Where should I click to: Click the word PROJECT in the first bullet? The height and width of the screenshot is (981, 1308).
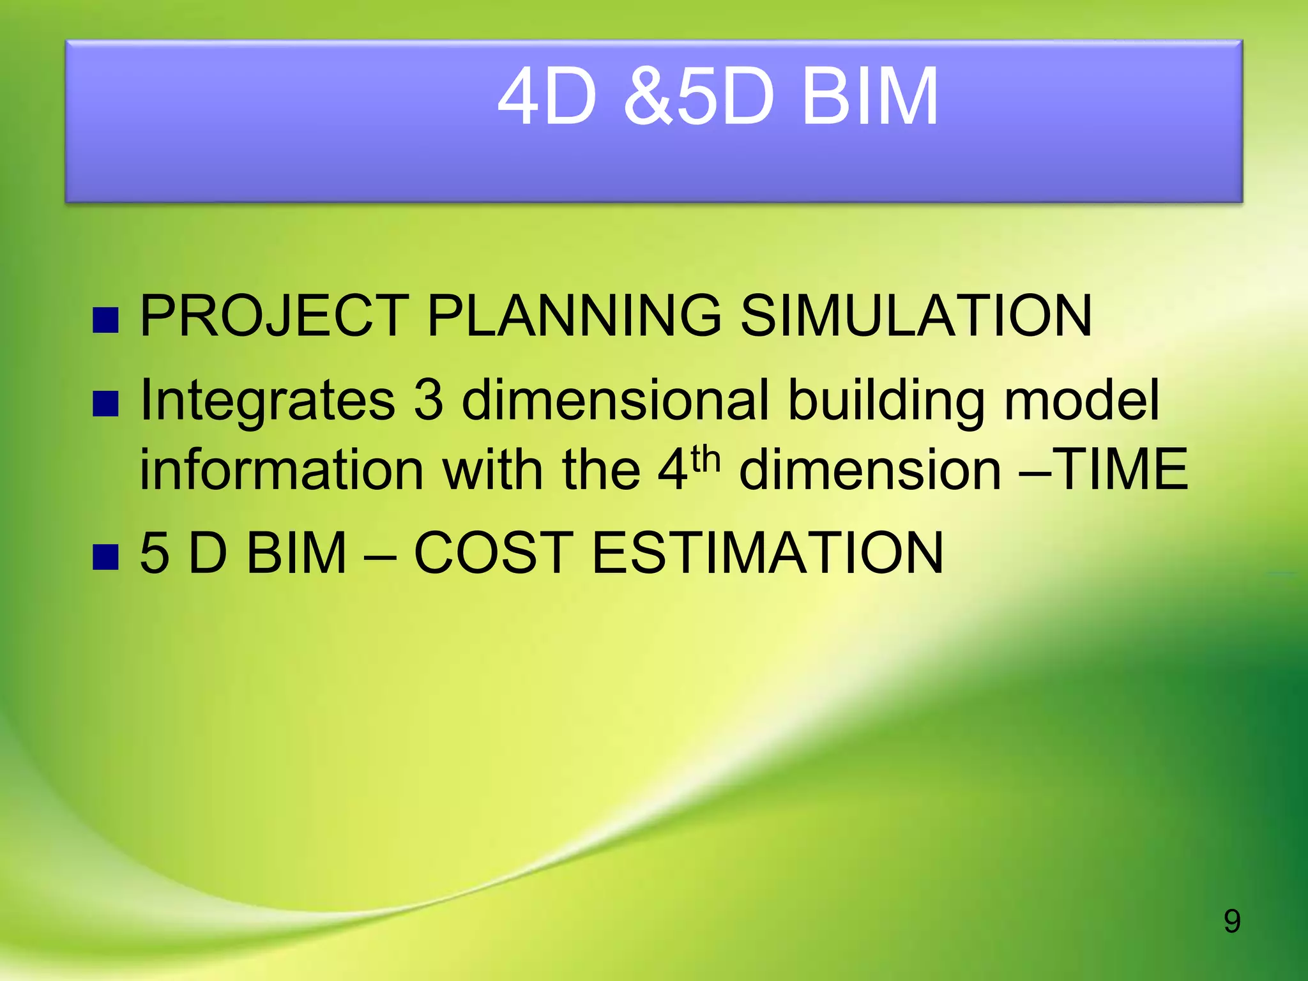[274, 316]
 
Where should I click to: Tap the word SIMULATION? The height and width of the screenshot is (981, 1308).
[916, 316]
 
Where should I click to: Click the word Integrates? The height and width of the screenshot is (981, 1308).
[268, 401]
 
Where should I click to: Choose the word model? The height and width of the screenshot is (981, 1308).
[1081, 400]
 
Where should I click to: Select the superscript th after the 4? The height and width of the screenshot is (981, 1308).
[706, 459]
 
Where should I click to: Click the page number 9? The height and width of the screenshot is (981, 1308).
[1232, 921]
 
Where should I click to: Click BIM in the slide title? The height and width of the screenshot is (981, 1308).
[869, 97]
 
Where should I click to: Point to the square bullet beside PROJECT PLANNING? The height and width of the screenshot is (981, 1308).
[105, 321]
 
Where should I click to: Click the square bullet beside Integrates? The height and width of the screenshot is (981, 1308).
[105, 404]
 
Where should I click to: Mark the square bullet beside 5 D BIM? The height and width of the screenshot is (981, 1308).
[105, 557]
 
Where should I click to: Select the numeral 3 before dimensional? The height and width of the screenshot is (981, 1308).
[429, 401]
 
